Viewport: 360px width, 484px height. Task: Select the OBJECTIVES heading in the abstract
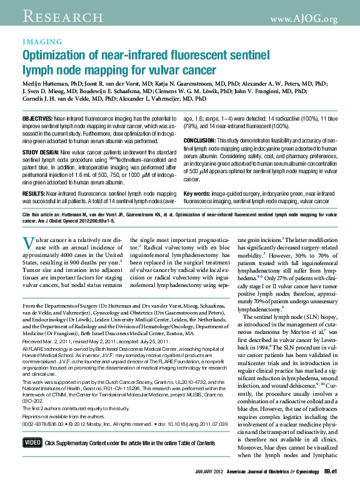(37, 118)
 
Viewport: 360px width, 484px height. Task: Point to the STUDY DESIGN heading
(38, 152)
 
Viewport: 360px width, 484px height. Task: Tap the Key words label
(197, 194)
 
